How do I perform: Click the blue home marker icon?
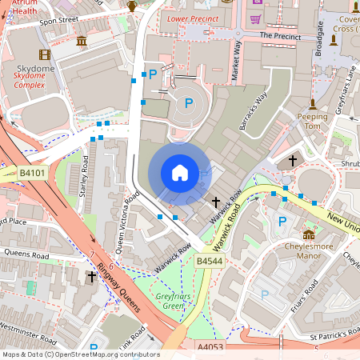pyautogui.click(x=179, y=173)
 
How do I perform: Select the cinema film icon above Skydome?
pyautogui.click(x=44, y=54)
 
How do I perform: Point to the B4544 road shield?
pyautogui.click(x=209, y=261)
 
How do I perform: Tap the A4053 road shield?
pyautogui.click(x=211, y=346)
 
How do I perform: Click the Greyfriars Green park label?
pyautogui.click(x=169, y=301)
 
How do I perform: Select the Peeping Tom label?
pyautogui.click(x=313, y=122)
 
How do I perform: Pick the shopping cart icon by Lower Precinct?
pyautogui.click(x=256, y=18)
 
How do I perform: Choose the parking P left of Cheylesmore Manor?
pyautogui.click(x=281, y=221)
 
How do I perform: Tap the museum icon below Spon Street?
pyautogui.click(x=82, y=41)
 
